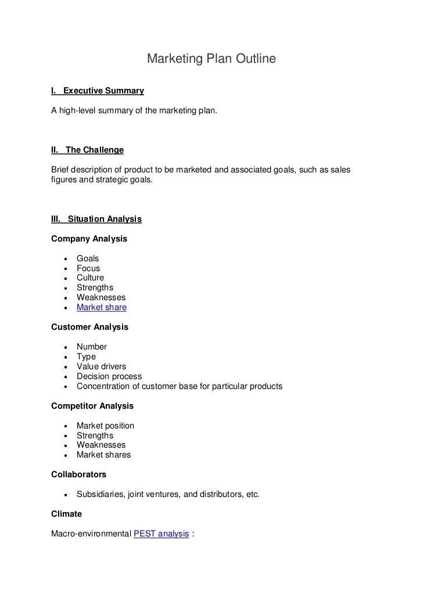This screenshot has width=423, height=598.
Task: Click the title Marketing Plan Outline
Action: tap(211, 59)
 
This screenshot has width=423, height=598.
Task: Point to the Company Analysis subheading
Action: tap(89, 239)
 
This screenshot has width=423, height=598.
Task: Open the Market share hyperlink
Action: tap(101, 307)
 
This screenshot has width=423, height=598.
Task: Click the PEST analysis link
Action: tap(161, 533)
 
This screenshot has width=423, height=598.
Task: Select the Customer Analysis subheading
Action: tap(89, 327)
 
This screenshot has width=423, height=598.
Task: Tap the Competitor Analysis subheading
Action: tap(92, 406)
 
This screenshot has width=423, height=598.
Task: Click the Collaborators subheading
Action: tap(78, 474)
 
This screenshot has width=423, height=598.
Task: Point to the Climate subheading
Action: tap(66, 514)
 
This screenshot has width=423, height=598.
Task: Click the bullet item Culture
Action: tap(90, 278)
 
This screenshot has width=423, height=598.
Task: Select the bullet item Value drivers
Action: tap(101, 366)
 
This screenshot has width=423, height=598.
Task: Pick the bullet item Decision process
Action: tap(109, 376)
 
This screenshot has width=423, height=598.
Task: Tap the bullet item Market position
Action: tap(105, 426)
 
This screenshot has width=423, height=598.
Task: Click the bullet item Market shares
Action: tap(103, 455)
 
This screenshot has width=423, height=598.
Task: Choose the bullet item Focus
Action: tap(88, 268)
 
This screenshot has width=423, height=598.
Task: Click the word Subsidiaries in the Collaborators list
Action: tap(100, 494)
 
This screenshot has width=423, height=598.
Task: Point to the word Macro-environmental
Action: tap(91, 533)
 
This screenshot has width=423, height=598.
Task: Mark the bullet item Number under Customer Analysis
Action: tap(92, 347)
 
